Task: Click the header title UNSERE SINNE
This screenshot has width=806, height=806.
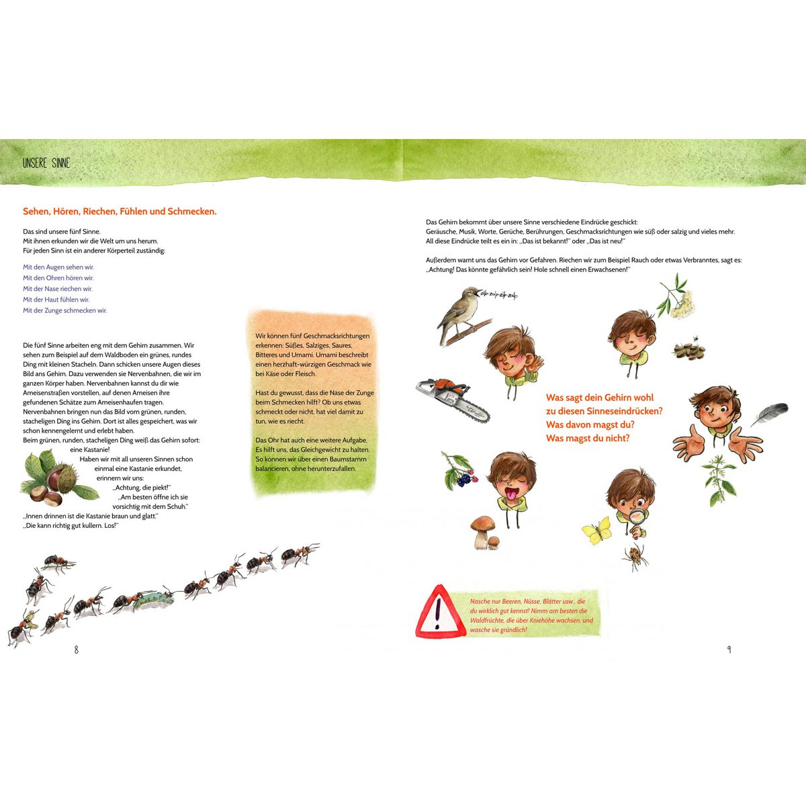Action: (x=46, y=163)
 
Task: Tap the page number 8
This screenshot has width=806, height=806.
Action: (x=76, y=650)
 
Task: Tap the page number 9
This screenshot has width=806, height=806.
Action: (x=729, y=650)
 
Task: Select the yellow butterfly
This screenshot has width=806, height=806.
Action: (x=597, y=531)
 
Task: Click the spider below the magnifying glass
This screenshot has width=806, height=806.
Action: (x=635, y=557)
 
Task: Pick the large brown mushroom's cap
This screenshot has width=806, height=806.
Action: (x=483, y=523)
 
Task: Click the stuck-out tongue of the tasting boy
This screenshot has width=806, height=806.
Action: (x=511, y=494)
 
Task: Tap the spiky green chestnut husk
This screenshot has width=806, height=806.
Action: (x=67, y=478)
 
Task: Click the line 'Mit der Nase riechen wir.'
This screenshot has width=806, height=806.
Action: (x=58, y=289)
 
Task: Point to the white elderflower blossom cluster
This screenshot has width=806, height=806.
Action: (x=682, y=304)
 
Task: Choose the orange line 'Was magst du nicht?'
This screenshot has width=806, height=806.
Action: (x=587, y=438)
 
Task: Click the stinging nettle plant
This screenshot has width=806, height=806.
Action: (x=719, y=481)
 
